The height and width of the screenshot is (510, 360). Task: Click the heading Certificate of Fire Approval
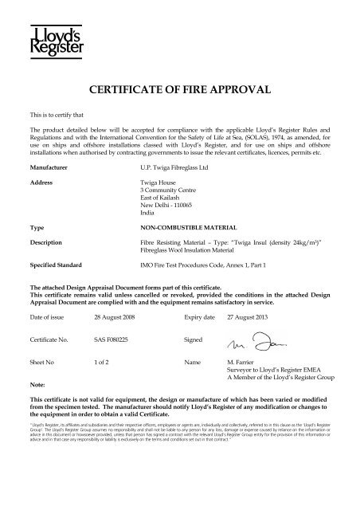click(x=180, y=89)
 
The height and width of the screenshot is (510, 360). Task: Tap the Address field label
click(x=41, y=182)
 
